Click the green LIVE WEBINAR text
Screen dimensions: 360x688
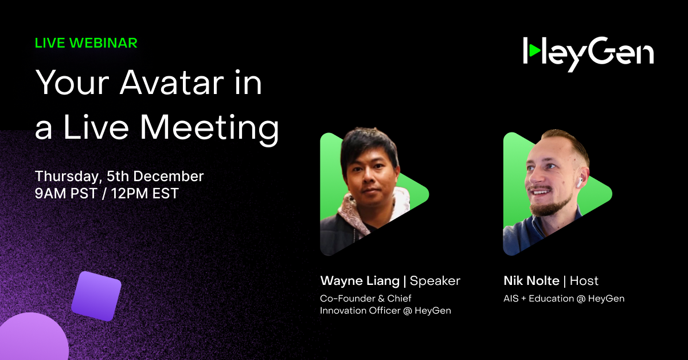point(86,43)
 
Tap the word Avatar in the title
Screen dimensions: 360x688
point(191,84)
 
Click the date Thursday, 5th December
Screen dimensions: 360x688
point(119,176)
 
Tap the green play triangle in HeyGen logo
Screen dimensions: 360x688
point(534,51)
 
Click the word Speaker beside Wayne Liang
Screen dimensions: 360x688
point(435,281)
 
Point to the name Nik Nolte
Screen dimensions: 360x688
point(530,281)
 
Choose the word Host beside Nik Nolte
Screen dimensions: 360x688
point(584,281)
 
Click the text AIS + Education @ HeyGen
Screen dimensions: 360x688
point(564,299)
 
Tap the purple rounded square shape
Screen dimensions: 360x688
point(96,296)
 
